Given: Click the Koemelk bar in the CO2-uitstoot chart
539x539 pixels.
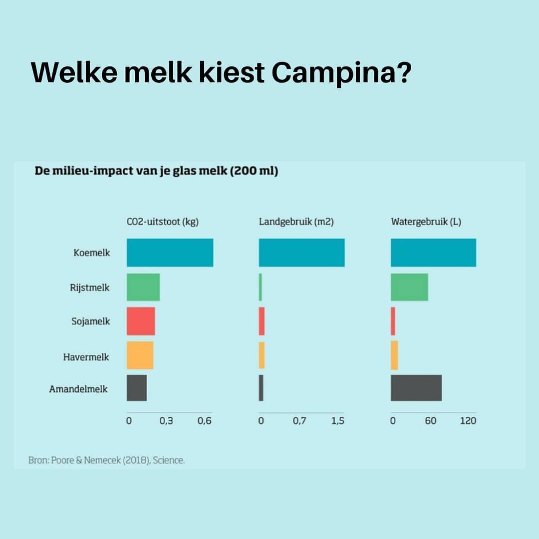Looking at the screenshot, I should (x=170, y=253).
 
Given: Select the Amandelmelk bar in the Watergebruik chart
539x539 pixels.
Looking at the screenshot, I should (x=416, y=388).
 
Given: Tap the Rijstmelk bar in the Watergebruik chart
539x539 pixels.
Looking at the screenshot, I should (x=409, y=287).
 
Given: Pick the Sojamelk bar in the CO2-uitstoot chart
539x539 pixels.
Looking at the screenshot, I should (x=141, y=321).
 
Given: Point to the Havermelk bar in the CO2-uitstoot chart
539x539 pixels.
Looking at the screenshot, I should (x=140, y=355).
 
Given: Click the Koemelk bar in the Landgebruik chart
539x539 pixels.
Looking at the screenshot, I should (x=301, y=253).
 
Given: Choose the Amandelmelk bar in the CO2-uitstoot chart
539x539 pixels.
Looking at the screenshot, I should (x=137, y=388).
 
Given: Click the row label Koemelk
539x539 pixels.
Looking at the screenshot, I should (x=91, y=253).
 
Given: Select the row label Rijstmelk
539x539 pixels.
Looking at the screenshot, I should (x=89, y=287).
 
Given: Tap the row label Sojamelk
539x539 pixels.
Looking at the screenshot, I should (x=90, y=321).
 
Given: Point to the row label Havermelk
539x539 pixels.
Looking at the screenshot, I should (x=86, y=357).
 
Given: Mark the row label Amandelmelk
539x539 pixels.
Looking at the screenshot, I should (x=78, y=389).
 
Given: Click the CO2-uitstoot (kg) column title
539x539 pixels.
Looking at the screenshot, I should (x=163, y=222).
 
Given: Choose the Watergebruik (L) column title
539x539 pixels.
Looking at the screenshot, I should (x=426, y=222).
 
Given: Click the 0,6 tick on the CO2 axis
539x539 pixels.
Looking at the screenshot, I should (x=204, y=421).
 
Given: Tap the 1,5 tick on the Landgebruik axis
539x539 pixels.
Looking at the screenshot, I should (x=337, y=421).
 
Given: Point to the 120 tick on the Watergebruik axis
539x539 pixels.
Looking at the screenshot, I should (x=468, y=421).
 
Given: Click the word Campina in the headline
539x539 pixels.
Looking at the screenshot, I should (x=342, y=73).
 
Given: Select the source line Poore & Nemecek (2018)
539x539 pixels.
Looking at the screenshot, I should (x=106, y=460).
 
